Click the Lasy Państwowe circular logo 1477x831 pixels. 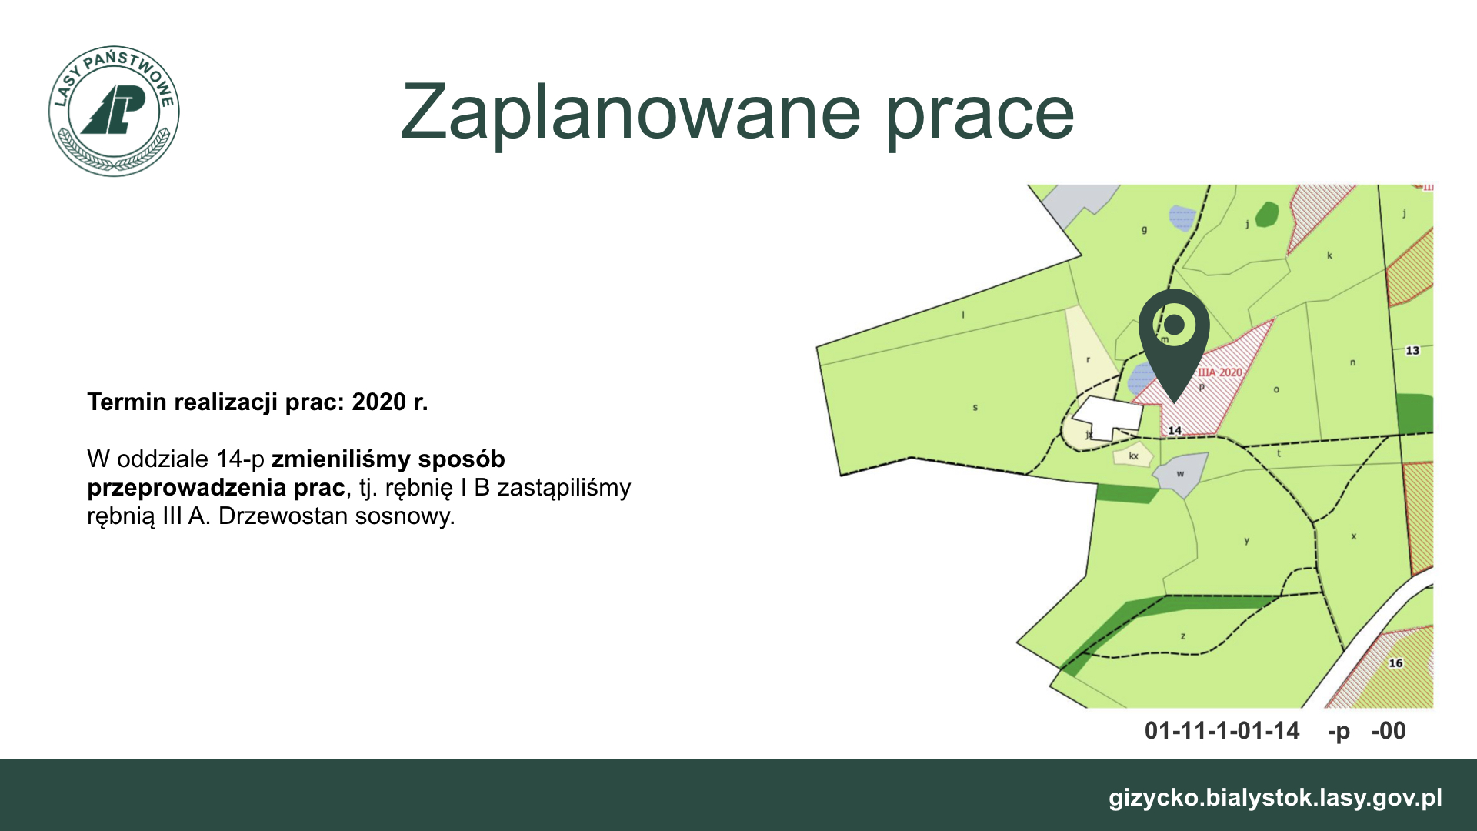(x=114, y=111)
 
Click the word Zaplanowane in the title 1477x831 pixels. (x=630, y=113)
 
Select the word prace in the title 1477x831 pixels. (x=980, y=115)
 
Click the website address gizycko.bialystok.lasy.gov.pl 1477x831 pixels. (x=1275, y=798)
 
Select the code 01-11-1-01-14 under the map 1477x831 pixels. (x=1222, y=730)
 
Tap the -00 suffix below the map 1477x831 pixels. (x=1389, y=730)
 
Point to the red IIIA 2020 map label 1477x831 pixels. (x=1220, y=372)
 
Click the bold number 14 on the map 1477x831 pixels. (x=1175, y=430)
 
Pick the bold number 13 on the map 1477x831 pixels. (x=1412, y=351)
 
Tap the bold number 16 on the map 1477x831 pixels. (x=1395, y=663)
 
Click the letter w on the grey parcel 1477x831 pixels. (x=1180, y=474)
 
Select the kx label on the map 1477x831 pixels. (x=1133, y=456)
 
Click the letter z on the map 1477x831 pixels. (x=1183, y=636)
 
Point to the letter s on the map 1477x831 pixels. (x=975, y=407)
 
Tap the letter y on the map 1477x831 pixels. (x=1247, y=541)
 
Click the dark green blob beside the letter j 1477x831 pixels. (x=1267, y=214)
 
